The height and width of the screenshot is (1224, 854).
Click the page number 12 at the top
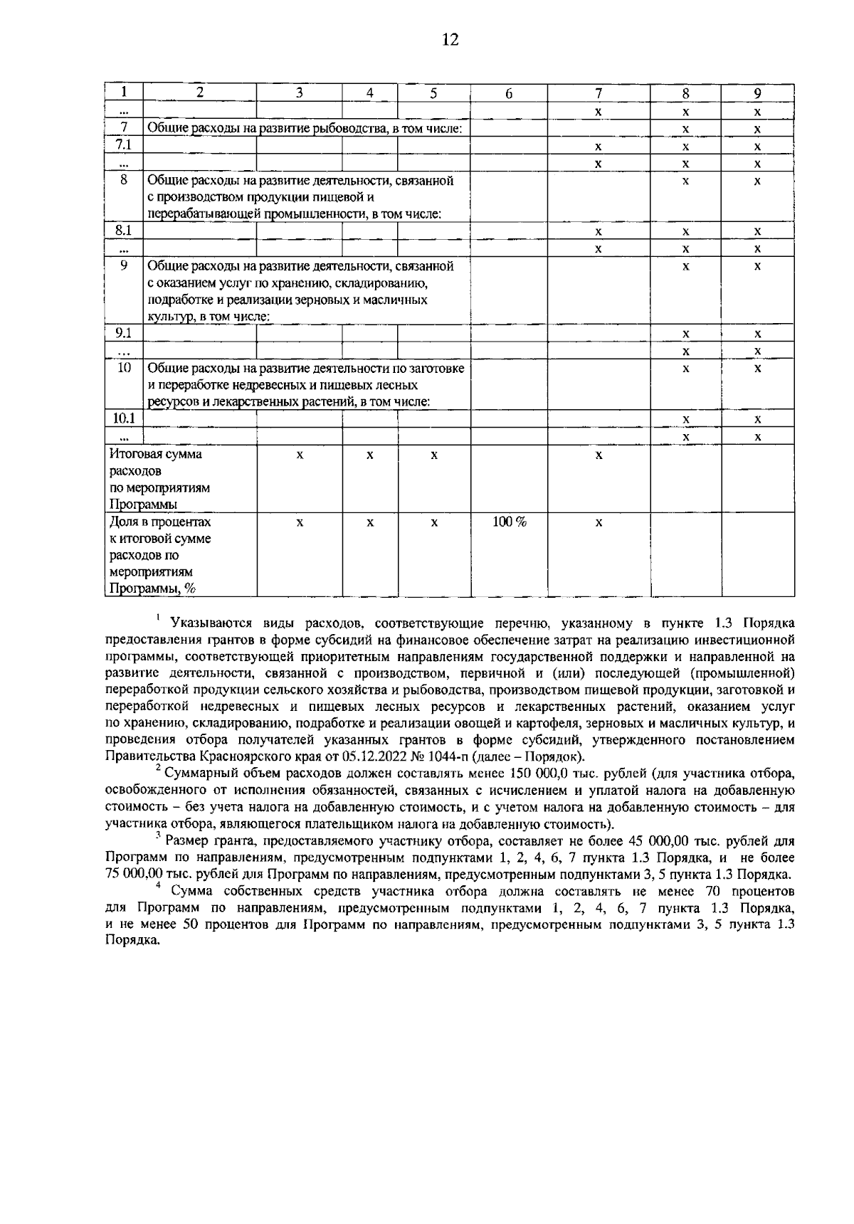pos(449,40)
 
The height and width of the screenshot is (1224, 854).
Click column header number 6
pos(509,93)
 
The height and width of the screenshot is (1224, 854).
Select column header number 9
pos(757,93)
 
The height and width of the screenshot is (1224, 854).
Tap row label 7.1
pos(124,145)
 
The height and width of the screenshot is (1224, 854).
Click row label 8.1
pos(124,231)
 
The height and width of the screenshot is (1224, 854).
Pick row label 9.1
pos(124,333)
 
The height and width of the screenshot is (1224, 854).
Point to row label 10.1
pos(124,418)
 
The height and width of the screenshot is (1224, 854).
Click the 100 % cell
pos(509,522)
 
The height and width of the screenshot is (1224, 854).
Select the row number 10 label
pos(124,368)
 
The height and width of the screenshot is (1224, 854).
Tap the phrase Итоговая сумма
pos(155,454)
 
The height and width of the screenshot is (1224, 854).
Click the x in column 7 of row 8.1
pos(599,231)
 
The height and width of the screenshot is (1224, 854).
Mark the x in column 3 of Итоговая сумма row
pos(300,454)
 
